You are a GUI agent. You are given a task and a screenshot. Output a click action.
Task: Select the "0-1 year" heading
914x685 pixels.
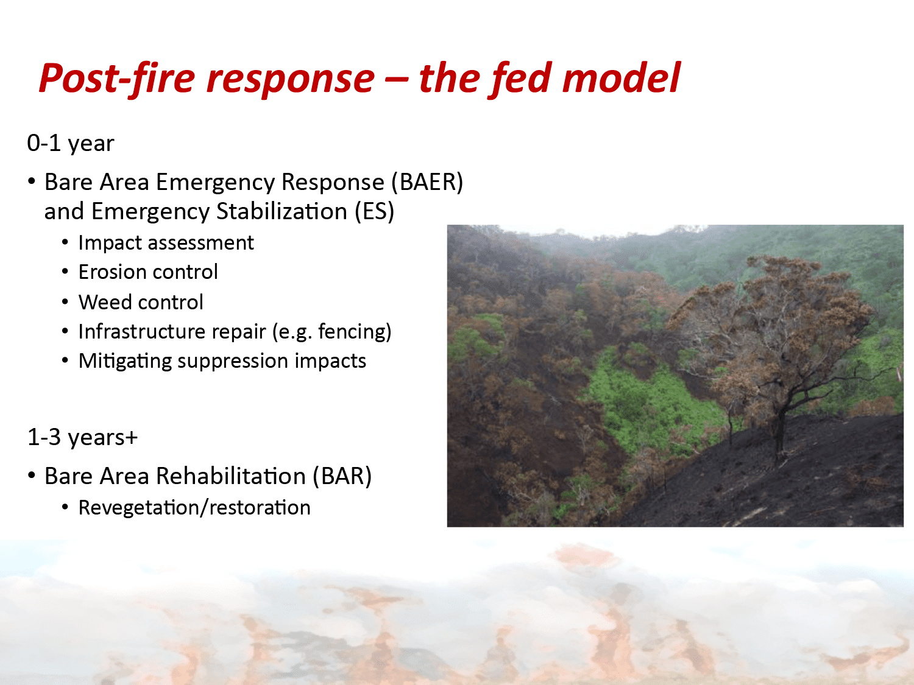pyautogui.click(x=70, y=144)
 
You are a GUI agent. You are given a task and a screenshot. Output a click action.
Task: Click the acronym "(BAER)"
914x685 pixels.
pyautogui.click(x=427, y=182)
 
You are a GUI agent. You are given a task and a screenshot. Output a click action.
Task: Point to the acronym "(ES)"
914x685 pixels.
pyautogui.click(x=374, y=211)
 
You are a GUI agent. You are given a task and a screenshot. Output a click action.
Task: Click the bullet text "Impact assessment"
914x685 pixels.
pyautogui.click(x=166, y=243)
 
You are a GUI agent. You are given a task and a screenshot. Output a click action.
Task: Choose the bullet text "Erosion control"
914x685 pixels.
pyautogui.click(x=148, y=272)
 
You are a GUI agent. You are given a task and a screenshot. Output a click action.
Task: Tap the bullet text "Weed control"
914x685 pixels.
pyautogui.click(x=141, y=302)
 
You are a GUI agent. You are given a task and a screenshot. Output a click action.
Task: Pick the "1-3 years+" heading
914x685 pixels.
pyautogui.click(x=82, y=438)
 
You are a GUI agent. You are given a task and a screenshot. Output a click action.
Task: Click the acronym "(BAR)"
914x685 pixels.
pyautogui.click(x=342, y=476)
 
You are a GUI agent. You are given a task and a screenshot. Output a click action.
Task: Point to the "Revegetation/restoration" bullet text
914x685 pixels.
pyautogui.click(x=194, y=508)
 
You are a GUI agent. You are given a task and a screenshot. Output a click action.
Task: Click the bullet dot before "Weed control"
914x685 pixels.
pyautogui.click(x=65, y=302)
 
